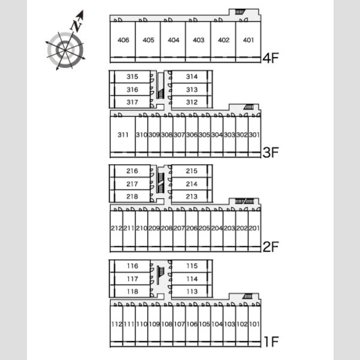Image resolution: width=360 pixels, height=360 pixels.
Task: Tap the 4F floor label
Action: click(271, 58)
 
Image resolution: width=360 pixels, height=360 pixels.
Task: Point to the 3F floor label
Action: click(271, 152)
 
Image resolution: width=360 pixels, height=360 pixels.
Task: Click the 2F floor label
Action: click(271, 247)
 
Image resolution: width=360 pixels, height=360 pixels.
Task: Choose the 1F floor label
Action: click(271, 341)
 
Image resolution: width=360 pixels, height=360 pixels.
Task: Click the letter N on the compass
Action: click(76, 25)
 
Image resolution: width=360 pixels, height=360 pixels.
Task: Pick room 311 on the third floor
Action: click(123, 134)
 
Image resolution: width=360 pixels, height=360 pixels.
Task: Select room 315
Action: click(132, 77)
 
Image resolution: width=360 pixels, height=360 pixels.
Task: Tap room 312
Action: click(191, 102)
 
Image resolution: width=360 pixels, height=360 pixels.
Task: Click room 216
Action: click(132, 171)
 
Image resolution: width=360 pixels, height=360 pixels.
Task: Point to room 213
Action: click(191, 197)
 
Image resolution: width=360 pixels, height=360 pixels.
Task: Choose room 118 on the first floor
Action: click(133, 292)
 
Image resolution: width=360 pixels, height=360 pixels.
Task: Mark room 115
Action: click(192, 266)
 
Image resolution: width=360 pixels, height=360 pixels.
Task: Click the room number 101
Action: click(254, 324)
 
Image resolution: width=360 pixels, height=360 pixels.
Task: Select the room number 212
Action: click(116, 228)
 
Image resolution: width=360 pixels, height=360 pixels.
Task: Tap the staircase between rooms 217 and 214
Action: click(161, 183)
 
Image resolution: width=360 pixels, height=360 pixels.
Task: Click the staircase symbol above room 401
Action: click(240, 12)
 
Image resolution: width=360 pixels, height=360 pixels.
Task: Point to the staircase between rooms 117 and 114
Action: click(160, 275)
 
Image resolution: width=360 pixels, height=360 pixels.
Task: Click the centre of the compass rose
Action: click(65, 50)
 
